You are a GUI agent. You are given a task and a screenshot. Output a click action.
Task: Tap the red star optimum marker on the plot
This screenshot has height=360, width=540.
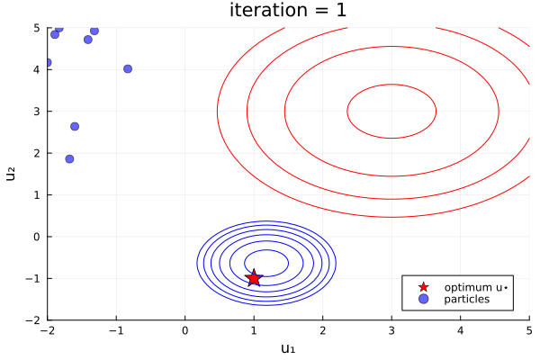[x=254, y=278]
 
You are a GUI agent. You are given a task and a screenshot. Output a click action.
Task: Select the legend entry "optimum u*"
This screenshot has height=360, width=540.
[x=475, y=287]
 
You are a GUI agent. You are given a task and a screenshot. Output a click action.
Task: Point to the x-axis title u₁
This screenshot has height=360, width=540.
[x=288, y=348]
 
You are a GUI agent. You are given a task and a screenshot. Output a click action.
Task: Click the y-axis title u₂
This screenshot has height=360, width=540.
[x=12, y=174]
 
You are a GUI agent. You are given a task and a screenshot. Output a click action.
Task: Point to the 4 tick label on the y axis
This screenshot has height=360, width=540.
[x=36, y=69]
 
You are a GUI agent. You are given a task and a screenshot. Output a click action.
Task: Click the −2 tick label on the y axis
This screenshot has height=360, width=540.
[x=32, y=319]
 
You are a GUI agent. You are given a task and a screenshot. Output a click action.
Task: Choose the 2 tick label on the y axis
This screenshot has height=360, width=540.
[x=36, y=153]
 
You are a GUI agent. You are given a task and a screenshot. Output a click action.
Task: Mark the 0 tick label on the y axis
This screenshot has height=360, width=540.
[x=36, y=237]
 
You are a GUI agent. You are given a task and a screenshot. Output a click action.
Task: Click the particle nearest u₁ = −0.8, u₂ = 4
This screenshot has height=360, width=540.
[x=128, y=68]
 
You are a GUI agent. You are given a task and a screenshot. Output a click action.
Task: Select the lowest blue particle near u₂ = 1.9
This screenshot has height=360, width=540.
[x=69, y=158]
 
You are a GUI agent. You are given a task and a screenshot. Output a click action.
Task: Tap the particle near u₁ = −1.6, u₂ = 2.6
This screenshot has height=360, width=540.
[x=75, y=126]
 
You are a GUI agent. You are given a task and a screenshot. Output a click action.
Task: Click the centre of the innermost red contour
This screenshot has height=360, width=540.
[x=391, y=112]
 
